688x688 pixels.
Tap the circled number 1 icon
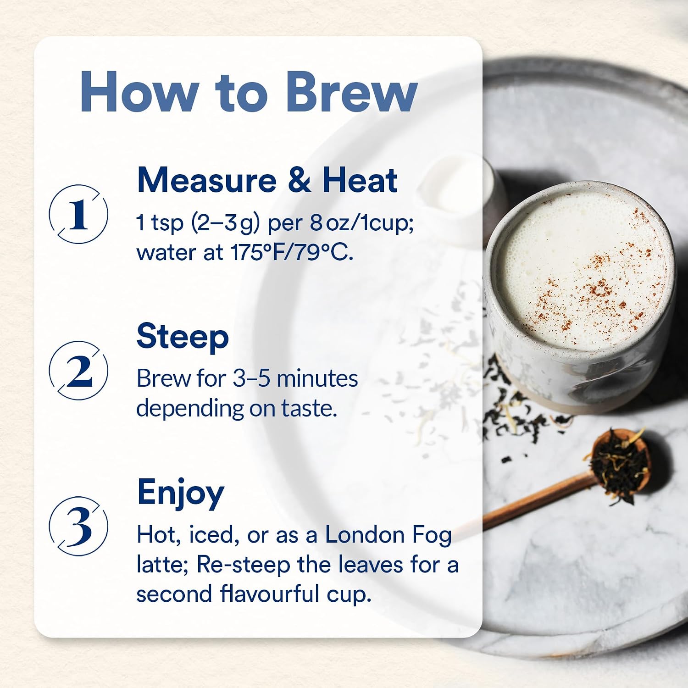tap(79, 214)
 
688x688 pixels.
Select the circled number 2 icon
tap(79, 371)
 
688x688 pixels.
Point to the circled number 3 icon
tap(79, 526)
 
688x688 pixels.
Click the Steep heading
tap(183, 337)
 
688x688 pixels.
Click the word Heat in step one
tap(360, 180)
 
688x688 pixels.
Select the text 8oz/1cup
tap(362, 223)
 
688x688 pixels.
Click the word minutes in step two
tap(317, 379)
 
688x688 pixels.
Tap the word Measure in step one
tap(207, 180)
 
